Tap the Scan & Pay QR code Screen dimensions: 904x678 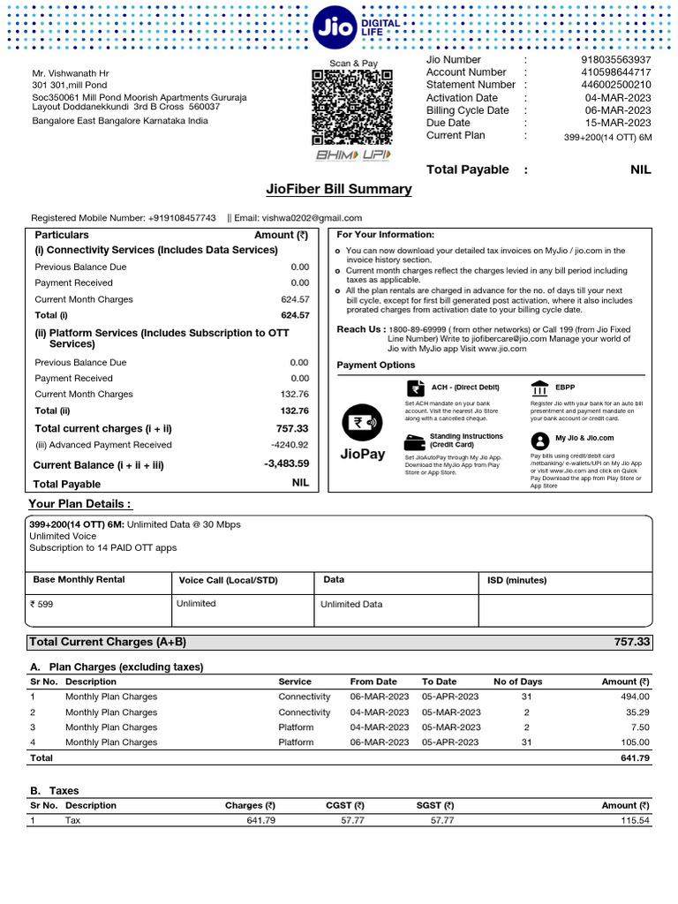(351, 107)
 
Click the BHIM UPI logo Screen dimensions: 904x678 (351, 155)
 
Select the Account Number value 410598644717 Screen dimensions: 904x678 (616, 72)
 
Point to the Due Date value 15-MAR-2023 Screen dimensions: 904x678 (618, 123)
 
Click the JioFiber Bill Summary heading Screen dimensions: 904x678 (339, 189)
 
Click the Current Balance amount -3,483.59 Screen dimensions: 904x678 (286, 463)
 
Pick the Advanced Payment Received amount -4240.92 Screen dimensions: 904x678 (290, 445)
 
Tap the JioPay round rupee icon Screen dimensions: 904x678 (362, 422)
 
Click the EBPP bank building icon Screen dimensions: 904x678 (539, 388)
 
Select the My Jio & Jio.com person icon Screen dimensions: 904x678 (539, 439)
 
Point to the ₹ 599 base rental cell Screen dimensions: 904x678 (41, 605)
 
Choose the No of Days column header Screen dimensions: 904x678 (517, 682)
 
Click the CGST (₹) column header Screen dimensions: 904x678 (345, 805)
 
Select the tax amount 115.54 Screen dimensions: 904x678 (629, 820)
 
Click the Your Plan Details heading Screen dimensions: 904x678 (80, 503)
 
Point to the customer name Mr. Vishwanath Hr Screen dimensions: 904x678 (71, 73)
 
